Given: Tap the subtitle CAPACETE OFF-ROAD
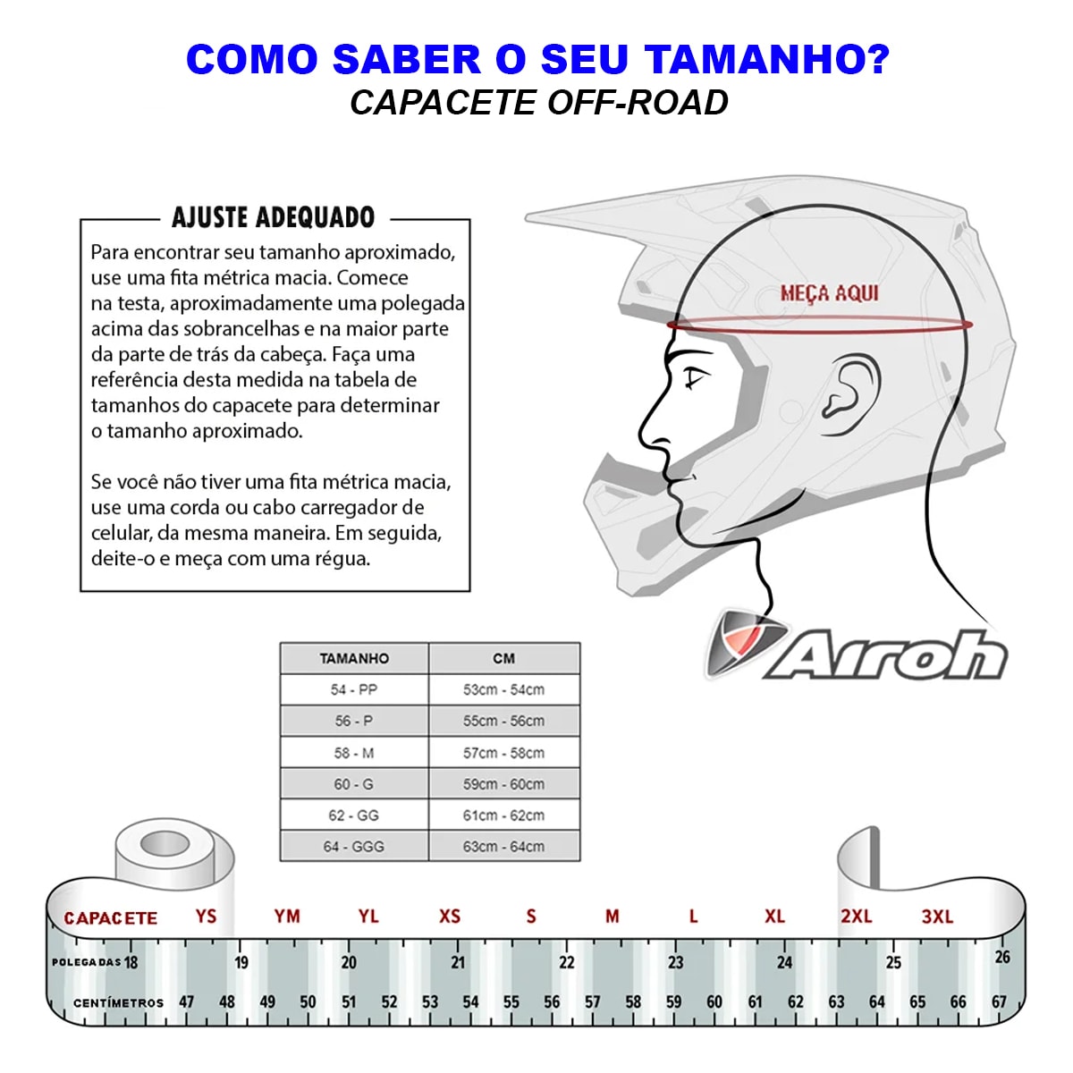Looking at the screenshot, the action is [538, 103].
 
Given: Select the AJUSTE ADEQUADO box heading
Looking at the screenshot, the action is [273, 217].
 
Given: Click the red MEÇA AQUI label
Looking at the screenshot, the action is [829, 293].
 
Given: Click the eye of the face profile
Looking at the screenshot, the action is [696, 378].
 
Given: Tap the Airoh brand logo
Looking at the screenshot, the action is [857, 646].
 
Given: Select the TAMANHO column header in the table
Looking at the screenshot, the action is [354, 658].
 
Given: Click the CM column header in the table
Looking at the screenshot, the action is [503, 658].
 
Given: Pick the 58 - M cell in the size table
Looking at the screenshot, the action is [353, 753].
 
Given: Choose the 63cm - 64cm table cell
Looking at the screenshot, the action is [503, 847].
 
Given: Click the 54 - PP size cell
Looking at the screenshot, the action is [353, 689].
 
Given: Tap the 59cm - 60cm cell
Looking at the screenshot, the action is [503, 784].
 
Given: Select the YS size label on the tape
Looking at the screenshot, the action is [206, 916].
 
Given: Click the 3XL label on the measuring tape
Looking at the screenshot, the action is [938, 916].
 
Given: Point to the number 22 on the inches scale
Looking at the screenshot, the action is [566, 962].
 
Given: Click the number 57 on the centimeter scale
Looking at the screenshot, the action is [593, 1001].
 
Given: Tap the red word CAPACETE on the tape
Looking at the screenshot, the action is [110, 918].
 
